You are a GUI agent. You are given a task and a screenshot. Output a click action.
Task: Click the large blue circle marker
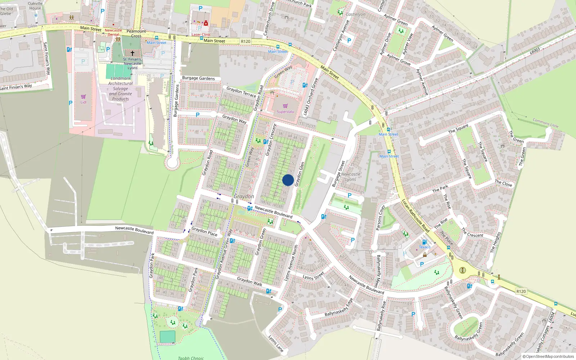pyautogui.click(x=288, y=180)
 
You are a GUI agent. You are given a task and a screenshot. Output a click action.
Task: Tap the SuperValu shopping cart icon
pyautogui.click(x=285, y=106)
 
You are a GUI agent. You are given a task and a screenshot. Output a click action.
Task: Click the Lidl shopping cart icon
pyautogui.click(x=84, y=96)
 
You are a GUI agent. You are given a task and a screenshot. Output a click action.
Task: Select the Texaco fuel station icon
pyautogui.click(x=424, y=242)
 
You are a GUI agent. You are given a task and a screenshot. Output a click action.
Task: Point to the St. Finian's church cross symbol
pyautogui.click(x=132, y=53)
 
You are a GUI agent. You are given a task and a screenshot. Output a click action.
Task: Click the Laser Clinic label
pyautogui.click(x=201, y=35)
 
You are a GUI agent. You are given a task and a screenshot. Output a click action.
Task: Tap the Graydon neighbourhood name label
pyautogui.click(x=244, y=197)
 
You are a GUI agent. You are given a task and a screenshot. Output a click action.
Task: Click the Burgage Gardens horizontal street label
pyautogui.click(x=198, y=78)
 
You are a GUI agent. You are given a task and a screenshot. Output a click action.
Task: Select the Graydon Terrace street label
pyautogui.click(x=241, y=92)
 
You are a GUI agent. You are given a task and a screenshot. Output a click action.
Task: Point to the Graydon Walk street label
pyautogui.click(x=249, y=281)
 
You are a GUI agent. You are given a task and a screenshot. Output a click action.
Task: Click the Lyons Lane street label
pyautogui.click(x=276, y=343)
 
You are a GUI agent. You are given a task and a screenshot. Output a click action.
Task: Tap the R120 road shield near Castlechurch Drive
pyautogui.click(x=246, y=41)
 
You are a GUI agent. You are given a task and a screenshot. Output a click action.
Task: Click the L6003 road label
pyautogui.click(x=535, y=51)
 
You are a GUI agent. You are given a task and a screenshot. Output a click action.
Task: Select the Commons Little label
pyautogui.click(x=545, y=123)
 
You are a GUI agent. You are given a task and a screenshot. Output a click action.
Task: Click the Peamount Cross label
pyautogui.click(x=136, y=33)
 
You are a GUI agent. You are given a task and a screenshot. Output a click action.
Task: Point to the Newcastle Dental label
pyautogui.click(x=113, y=32)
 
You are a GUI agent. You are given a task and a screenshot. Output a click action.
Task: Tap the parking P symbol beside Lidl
pyautogui.click(x=71, y=103)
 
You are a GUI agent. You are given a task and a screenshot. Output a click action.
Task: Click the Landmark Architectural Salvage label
pyautogui.click(x=121, y=89)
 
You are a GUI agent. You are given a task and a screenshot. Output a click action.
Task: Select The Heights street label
pyautogui.click(x=496, y=242)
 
